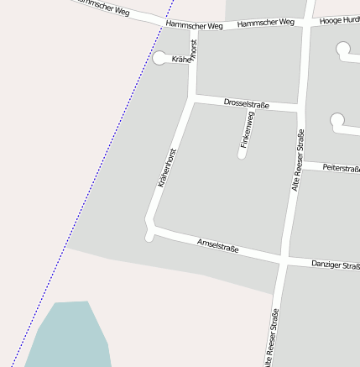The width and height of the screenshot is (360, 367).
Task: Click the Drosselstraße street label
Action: [x=246, y=103]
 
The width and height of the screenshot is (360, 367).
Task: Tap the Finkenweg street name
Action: [x=247, y=130]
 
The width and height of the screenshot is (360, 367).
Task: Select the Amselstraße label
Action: [x=217, y=245]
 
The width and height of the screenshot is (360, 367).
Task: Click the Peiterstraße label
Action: [x=341, y=169]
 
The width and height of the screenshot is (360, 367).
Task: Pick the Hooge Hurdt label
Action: [x=340, y=19]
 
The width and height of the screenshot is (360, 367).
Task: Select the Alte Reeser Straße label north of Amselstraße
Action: [x=296, y=161]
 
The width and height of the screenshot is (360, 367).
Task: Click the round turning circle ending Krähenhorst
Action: [x=159, y=58]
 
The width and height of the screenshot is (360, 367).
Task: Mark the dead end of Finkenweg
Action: [x=242, y=155]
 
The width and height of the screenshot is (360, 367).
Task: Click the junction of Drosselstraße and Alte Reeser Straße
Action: [x=300, y=108]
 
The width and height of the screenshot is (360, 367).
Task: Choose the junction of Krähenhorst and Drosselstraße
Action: [x=192, y=97]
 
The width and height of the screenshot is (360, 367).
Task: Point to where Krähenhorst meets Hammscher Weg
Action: [x=194, y=27]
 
